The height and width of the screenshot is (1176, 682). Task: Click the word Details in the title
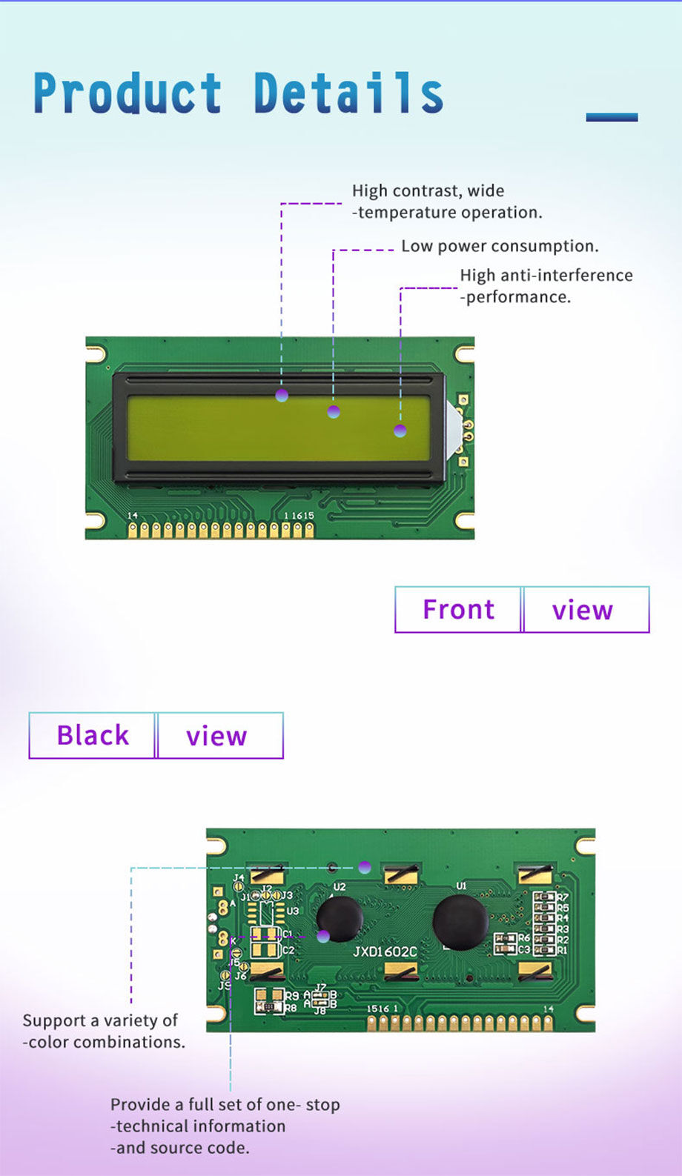tap(348, 93)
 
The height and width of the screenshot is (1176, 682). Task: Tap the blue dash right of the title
tap(612, 117)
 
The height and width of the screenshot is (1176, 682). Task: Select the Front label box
tap(458, 609)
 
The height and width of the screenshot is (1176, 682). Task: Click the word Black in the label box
tap(93, 735)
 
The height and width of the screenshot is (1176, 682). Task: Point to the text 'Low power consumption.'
tap(500, 246)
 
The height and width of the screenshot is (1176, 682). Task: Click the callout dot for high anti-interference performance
tap(400, 431)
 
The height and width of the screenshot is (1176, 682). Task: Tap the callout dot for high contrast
tap(282, 396)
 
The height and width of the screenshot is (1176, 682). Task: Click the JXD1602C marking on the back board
tap(385, 951)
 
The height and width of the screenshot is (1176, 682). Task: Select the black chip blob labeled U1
tap(460, 922)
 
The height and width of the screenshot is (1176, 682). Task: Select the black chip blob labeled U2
tap(340, 919)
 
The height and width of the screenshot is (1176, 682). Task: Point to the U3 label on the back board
tap(292, 911)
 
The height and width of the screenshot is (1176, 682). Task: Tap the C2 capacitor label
tap(288, 950)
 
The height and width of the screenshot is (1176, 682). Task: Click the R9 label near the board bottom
tap(291, 996)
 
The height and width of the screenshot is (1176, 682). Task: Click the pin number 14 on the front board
tap(133, 515)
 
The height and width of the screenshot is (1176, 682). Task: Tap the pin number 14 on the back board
tap(548, 1009)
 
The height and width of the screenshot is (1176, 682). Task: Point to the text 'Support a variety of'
tap(100, 1020)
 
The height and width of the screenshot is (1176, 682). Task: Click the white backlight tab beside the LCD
tap(453, 430)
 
